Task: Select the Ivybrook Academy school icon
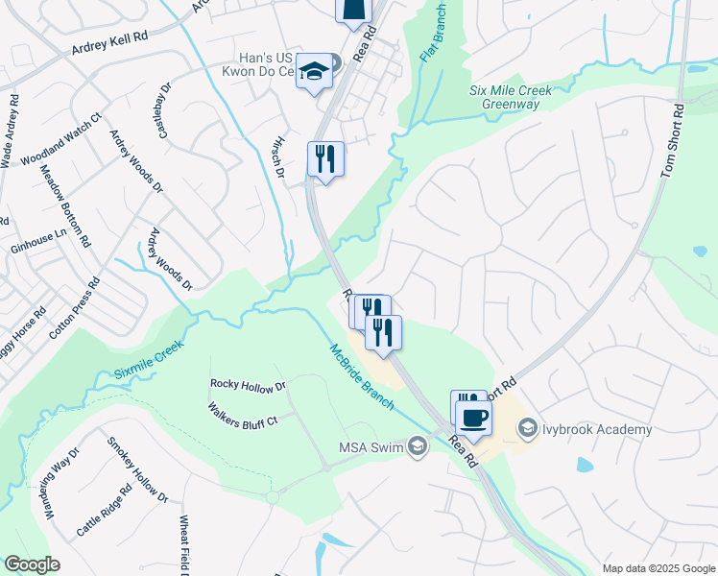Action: coord(528,429)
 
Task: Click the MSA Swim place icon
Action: coord(418,446)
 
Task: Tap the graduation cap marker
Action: coord(314,72)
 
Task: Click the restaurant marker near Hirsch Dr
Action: coord(325,158)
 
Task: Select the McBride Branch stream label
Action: coord(362,376)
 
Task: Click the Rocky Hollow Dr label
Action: coord(248,385)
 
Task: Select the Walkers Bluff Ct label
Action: coord(242,414)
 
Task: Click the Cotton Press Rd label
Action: coord(75,308)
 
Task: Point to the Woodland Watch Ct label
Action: coord(60,140)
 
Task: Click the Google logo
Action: coord(32,564)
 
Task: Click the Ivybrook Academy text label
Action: coord(597,429)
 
